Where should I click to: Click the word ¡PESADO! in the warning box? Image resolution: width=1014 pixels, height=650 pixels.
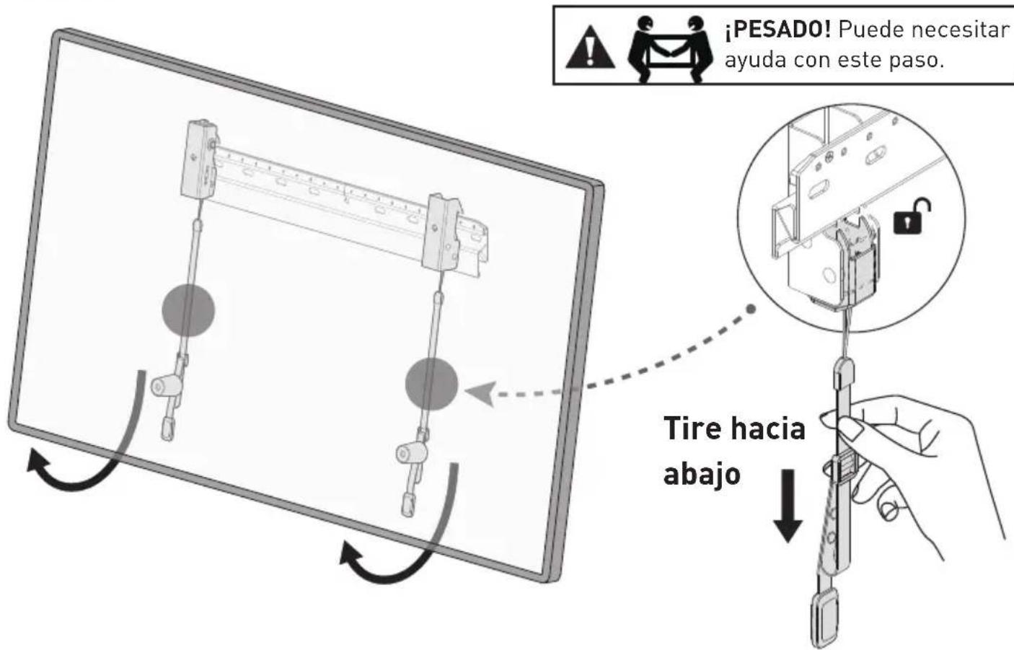(777, 30)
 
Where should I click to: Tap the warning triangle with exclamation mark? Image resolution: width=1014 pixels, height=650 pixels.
(590, 47)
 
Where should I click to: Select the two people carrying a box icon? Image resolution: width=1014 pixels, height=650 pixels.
(671, 49)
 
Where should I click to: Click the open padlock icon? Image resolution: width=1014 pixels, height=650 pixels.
(912, 216)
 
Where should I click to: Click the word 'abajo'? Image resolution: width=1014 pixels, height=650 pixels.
(702, 475)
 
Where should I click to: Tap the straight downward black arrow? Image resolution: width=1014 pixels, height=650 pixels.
(788, 506)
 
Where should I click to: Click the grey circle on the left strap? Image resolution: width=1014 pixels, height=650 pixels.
(188, 309)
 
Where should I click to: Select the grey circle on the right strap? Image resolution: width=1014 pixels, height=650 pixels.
(431, 384)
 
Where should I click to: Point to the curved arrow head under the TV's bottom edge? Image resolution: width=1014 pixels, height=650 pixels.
(351, 555)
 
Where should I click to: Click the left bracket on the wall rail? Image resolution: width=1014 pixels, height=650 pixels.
(199, 159)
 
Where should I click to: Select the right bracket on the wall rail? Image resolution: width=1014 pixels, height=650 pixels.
(442, 233)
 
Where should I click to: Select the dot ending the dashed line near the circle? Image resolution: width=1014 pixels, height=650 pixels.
(751, 309)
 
